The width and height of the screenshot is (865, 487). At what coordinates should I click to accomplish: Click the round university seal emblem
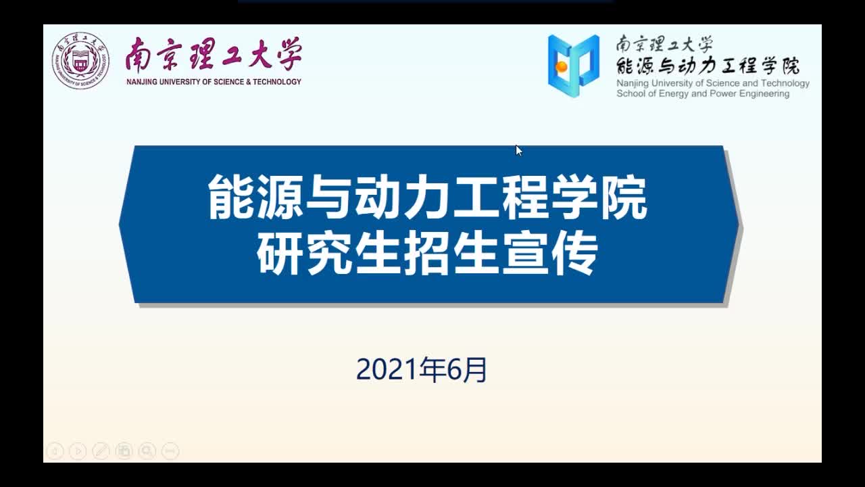click(80, 61)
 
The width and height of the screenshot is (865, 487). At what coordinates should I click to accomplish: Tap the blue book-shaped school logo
click(574, 66)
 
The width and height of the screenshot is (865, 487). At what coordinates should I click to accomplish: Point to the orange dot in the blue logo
click(561, 67)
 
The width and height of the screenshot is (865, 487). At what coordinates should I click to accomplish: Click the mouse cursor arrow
click(519, 150)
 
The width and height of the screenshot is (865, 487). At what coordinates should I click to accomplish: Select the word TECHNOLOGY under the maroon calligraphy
click(277, 82)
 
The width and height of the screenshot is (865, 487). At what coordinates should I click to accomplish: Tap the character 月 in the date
click(474, 370)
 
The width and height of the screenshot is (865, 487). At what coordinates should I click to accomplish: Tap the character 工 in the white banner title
click(476, 197)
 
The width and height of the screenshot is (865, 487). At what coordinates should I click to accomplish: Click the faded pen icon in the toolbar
click(101, 451)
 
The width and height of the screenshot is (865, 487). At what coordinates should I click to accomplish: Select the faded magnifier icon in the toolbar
click(147, 451)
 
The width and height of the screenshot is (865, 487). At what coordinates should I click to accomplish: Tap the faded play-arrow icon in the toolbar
click(78, 451)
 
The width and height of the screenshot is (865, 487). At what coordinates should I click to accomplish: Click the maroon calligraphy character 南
click(138, 55)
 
